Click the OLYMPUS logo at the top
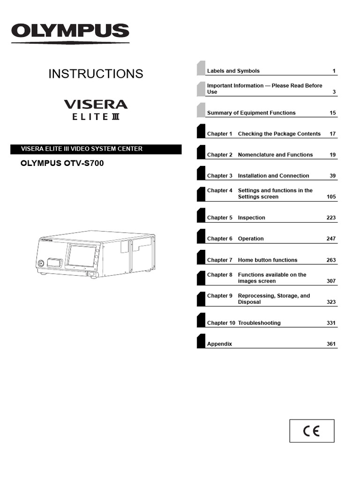coord(70,32)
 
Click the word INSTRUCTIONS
coord(96,74)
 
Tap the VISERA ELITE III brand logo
coord(96,109)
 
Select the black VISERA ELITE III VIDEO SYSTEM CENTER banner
coord(96,149)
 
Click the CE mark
coord(312,431)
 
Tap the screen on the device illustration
coord(82,256)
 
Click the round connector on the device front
coord(41,263)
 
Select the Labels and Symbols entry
coord(233,71)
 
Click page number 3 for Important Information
coord(334,92)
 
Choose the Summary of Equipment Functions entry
coord(251,113)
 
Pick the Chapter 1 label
coord(219,134)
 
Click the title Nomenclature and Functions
coord(275,155)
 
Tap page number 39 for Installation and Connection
coord(332,176)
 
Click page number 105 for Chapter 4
coord(331,197)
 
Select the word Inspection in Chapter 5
coord(251,218)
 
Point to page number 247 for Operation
coord(331,239)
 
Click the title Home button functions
coord(267,260)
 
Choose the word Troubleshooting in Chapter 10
coord(259,323)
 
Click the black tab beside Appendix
coord(201,340)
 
